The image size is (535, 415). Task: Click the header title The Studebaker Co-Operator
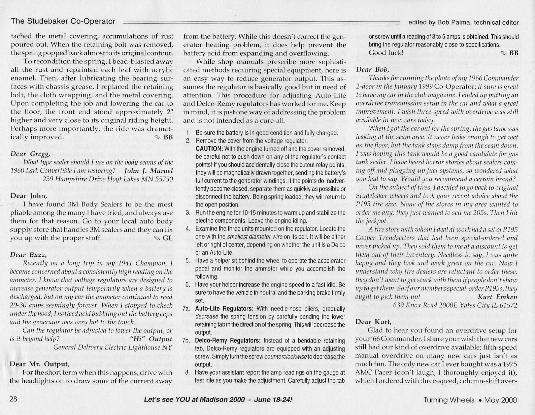(x=63, y=22)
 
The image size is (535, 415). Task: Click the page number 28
(x=13, y=400)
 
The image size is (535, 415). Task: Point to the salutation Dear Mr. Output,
(x=40, y=364)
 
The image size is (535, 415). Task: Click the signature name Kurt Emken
(x=497, y=297)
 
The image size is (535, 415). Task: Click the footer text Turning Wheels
(x=448, y=400)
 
